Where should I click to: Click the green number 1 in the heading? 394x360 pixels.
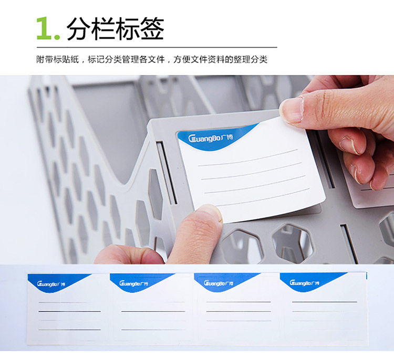[x=44, y=28]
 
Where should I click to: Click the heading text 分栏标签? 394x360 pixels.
[x=116, y=28]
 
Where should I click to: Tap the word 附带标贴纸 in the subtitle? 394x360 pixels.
[x=58, y=60]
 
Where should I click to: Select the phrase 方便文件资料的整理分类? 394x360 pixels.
[x=220, y=60]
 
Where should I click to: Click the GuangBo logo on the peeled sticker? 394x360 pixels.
[x=210, y=138]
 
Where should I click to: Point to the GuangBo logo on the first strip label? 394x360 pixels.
[x=51, y=284]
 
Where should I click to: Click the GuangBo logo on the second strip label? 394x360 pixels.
[x=133, y=284]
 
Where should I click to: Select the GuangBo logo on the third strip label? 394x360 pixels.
[x=219, y=283]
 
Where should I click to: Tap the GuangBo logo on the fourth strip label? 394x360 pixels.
[x=304, y=283]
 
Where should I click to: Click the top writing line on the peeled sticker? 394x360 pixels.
[x=248, y=158]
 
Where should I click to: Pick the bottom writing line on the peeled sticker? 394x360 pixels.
[x=263, y=197]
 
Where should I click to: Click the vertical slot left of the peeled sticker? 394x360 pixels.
[x=167, y=173]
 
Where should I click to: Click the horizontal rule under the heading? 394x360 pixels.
[x=157, y=47]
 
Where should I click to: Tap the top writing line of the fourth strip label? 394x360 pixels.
[x=325, y=302]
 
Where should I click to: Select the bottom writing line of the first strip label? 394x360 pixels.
[x=69, y=330]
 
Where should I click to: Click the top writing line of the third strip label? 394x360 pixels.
[x=239, y=302]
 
